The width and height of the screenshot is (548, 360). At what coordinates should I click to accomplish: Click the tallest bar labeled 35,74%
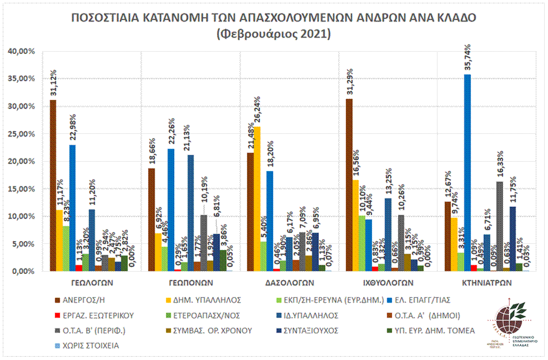coord(467,173)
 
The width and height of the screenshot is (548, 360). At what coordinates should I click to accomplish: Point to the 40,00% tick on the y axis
coord(22,51)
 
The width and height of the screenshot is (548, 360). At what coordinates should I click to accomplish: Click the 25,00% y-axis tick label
coord(22,134)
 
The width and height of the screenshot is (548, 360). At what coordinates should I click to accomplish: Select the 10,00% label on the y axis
coord(22,216)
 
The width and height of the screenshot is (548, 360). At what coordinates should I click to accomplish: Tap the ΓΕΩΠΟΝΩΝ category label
coord(190,282)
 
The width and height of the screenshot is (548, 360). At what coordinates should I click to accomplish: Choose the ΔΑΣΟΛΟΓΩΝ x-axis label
coord(289,282)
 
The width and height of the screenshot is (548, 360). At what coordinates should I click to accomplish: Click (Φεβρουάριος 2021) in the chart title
coord(274,34)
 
